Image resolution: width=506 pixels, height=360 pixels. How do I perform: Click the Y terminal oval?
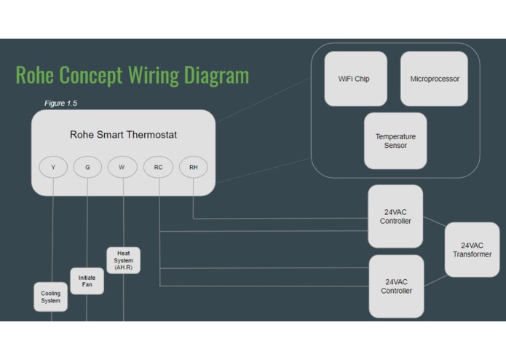(x=53, y=167)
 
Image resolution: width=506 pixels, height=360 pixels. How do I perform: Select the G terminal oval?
(x=87, y=167)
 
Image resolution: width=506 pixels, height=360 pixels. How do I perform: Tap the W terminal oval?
(x=122, y=167)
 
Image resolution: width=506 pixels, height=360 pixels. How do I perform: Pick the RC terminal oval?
(x=158, y=167)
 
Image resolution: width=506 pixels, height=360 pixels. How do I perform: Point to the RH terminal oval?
(x=193, y=167)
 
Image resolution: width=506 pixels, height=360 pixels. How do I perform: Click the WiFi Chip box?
(x=355, y=79)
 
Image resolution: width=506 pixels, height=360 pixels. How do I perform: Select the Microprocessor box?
(x=434, y=79)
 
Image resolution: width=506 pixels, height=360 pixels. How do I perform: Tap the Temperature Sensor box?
(x=395, y=141)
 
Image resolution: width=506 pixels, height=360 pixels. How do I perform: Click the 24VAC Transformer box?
(x=472, y=250)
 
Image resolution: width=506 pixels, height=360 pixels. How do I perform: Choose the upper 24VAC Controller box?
(x=395, y=216)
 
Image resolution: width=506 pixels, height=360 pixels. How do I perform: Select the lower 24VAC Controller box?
(x=396, y=286)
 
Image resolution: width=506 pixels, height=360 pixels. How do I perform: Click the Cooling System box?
(x=50, y=297)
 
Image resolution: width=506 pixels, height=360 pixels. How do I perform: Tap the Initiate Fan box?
(x=87, y=281)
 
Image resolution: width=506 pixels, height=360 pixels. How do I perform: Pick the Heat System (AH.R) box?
(x=123, y=260)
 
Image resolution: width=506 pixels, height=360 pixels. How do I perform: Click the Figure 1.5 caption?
(x=60, y=103)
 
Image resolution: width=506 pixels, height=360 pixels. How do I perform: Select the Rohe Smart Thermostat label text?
(x=123, y=135)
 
